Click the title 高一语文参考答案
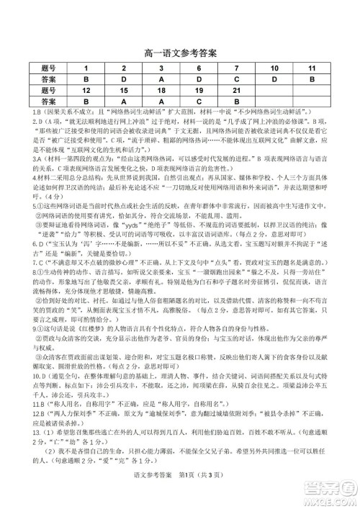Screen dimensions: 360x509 tap(180, 53)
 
